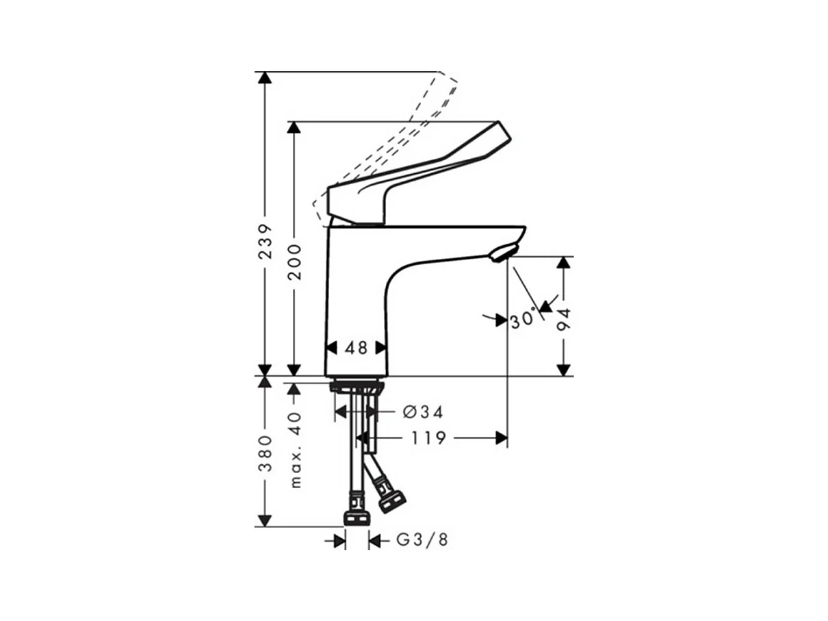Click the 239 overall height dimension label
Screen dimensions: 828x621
(x=264, y=241)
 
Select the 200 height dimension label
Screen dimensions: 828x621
(x=294, y=262)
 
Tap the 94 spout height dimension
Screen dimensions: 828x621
(x=564, y=319)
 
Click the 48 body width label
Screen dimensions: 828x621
(x=356, y=348)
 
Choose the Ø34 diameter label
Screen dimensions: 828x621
(x=423, y=412)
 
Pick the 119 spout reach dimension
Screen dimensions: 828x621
(x=428, y=438)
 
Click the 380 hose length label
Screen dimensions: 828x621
(x=265, y=453)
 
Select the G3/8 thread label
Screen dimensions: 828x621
(x=422, y=540)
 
